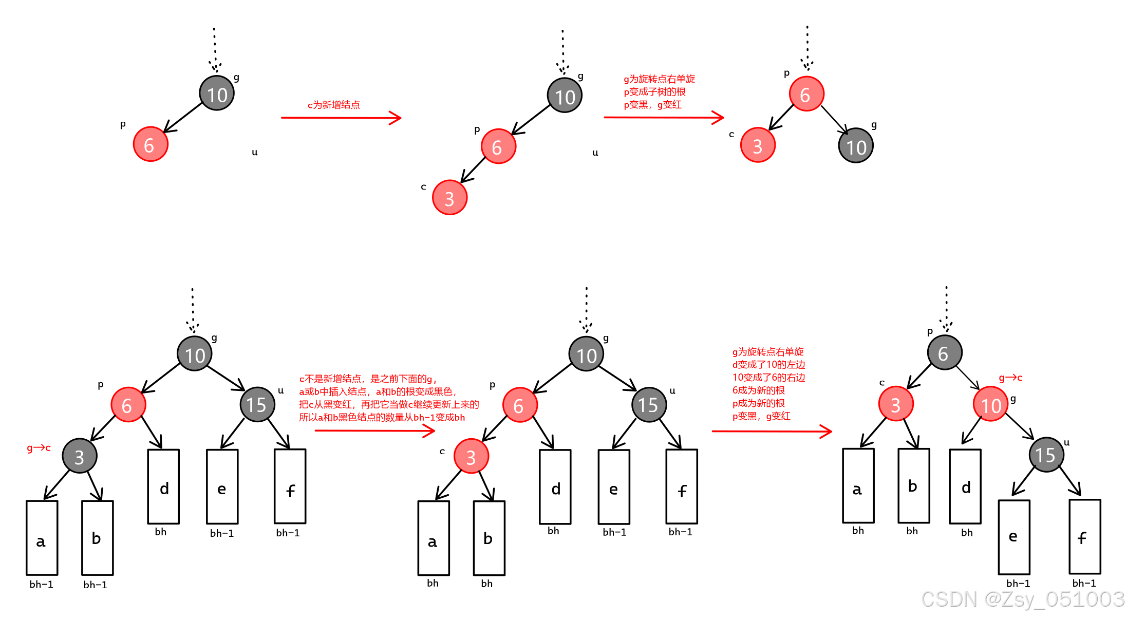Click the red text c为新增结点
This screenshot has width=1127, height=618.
tap(334, 105)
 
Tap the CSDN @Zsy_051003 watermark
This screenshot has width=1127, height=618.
tap(1023, 600)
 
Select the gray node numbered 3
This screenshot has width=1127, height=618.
tap(80, 456)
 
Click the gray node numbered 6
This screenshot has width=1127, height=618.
tap(945, 353)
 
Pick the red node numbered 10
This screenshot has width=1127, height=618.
tap(990, 404)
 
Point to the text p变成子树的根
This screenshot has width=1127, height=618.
tap(654, 92)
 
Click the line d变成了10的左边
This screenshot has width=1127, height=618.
tap(768, 365)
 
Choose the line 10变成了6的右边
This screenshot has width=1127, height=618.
tap(768, 378)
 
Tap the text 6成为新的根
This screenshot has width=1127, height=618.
tap(758, 390)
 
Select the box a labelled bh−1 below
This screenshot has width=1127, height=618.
tap(42, 538)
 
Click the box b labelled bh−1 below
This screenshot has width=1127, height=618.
tap(98, 538)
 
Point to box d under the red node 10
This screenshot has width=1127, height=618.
tap(965, 486)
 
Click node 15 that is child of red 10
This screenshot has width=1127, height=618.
tap(1046, 455)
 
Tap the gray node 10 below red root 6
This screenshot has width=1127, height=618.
tap(856, 146)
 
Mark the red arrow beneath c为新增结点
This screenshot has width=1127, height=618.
tap(341, 118)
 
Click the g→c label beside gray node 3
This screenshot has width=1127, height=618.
tap(39, 448)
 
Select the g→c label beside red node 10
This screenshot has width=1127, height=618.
tap(1010, 378)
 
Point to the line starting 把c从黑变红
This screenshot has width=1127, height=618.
tap(389, 404)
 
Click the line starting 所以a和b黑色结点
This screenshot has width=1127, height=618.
tap(382, 417)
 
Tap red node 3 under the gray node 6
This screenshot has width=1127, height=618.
tap(896, 404)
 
